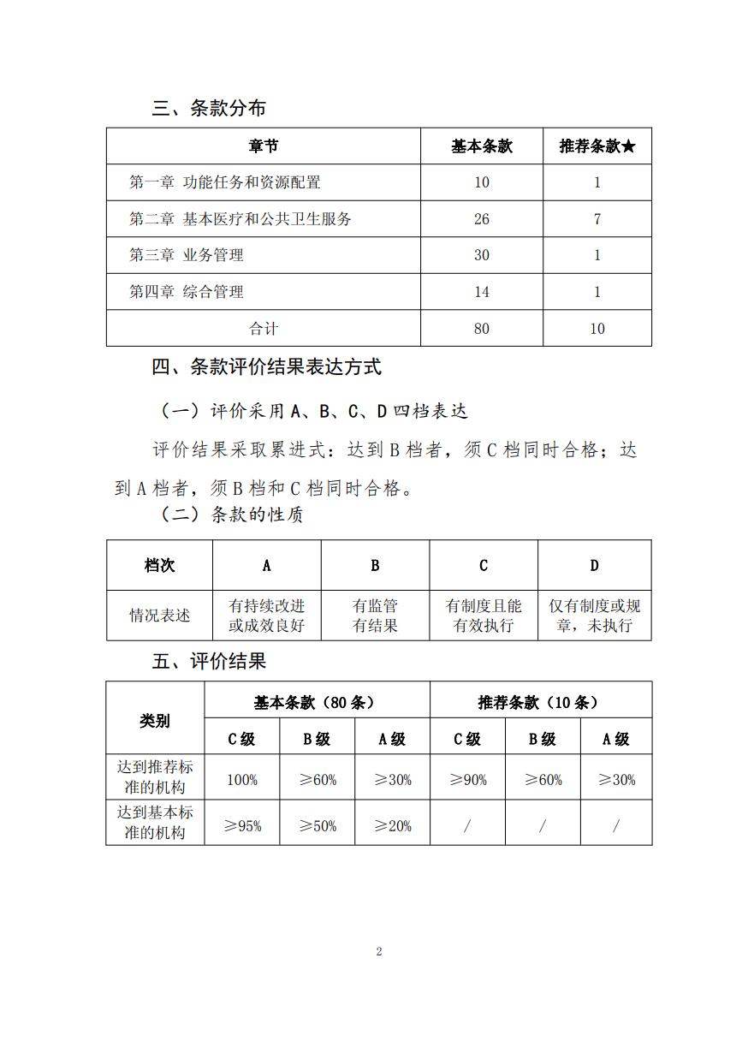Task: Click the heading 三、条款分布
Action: (209, 109)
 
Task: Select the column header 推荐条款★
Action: (597, 146)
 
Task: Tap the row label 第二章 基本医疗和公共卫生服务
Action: (240, 219)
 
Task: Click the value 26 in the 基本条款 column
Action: (481, 219)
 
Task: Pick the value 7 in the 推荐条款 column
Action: (597, 219)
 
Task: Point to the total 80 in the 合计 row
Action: (481, 329)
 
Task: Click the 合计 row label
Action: (264, 329)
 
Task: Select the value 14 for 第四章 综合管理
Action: (481, 292)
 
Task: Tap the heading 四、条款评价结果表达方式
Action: (266, 367)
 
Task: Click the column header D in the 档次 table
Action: (594, 565)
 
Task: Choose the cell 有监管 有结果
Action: (375, 616)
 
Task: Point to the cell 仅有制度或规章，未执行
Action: (594, 616)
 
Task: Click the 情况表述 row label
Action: (160, 616)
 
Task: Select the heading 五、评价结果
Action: (209, 661)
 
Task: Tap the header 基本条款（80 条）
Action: (317, 702)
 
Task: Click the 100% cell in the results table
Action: (242, 780)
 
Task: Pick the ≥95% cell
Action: (242, 826)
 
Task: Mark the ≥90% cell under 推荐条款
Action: (467, 780)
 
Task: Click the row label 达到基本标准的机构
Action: (155, 822)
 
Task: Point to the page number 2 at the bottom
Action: (378, 952)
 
